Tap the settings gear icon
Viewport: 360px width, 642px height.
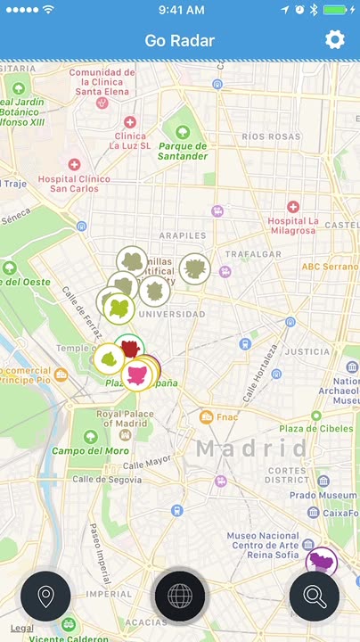click(x=335, y=39)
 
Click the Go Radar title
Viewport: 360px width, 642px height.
click(x=180, y=40)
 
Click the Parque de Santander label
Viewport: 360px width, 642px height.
click(x=184, y=151)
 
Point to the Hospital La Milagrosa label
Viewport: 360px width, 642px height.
click(x=294, y=226)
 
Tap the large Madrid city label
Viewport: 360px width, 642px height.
click(x=251, y=448)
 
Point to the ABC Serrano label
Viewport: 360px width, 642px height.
click(x=329, y=267)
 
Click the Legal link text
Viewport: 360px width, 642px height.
click(x=22, y=628)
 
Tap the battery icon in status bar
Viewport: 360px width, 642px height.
click(x=336, y=10)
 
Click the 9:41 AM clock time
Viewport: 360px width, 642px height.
click(x=180, y=10)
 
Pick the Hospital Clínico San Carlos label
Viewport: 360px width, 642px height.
click(x=74, y=183)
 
